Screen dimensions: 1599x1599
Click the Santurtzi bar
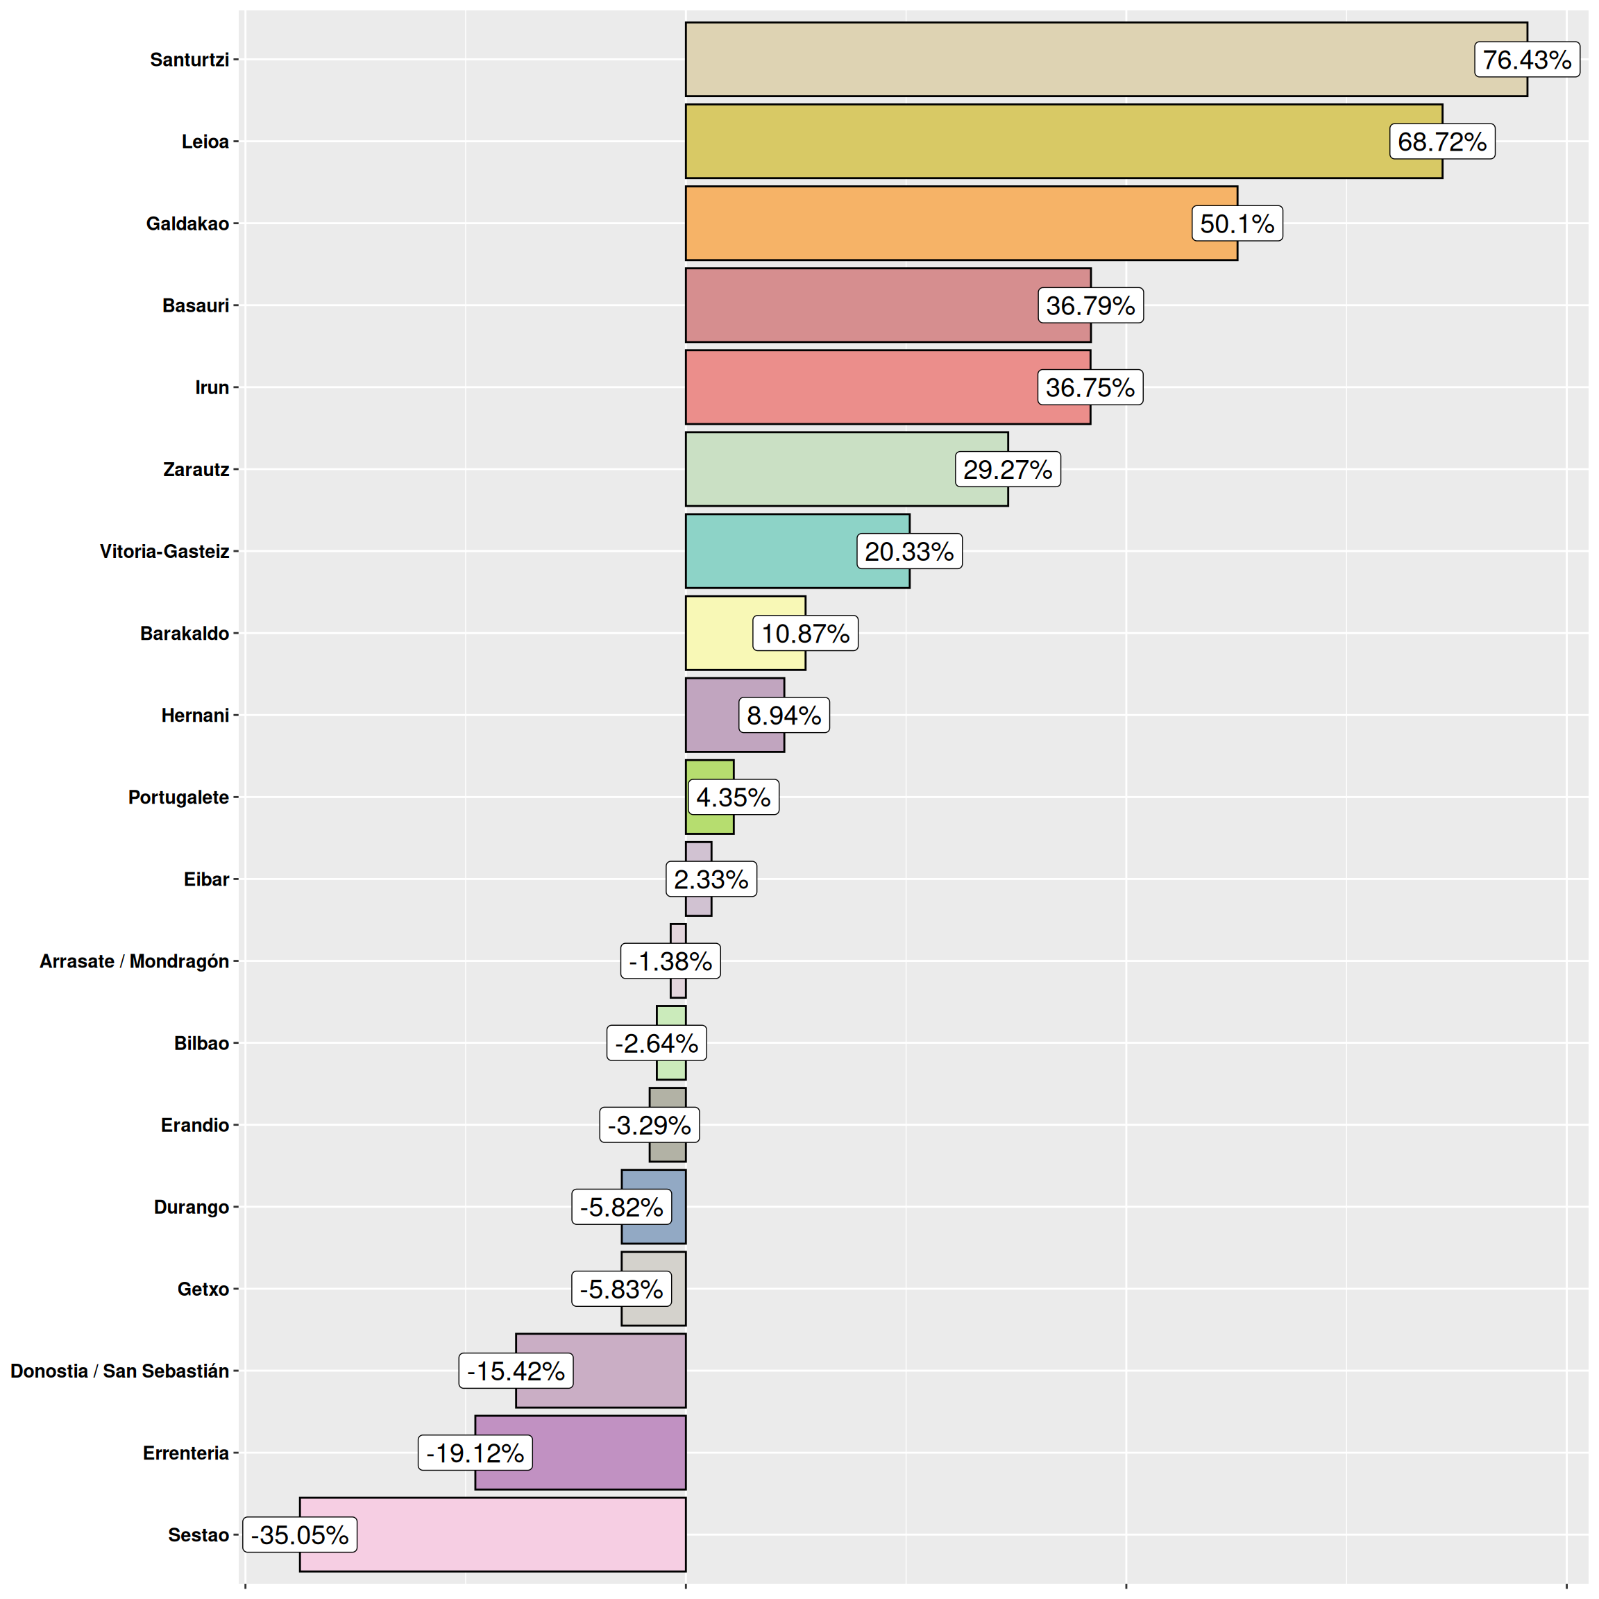tap(1076, 60)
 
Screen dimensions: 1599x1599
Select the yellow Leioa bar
tap(1035, 142)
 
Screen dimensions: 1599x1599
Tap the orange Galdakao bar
tap(936, 223)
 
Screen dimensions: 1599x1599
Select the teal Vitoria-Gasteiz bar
tap(770, 551)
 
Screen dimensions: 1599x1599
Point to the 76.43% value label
tap(1526, 60)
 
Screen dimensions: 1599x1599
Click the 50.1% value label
tap(1237, 223)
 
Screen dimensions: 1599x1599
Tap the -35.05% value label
tap(300, 1535)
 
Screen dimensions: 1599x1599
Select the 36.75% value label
tap(1090, 387)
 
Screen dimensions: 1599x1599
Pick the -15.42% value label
tap(516, 1371)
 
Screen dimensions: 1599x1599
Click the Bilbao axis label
tap(201, 1044)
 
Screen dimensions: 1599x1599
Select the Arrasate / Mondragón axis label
tap(134, 962)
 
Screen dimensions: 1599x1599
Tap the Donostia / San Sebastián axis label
tap(119, 1371)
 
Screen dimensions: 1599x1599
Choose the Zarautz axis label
tap(196, 470)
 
